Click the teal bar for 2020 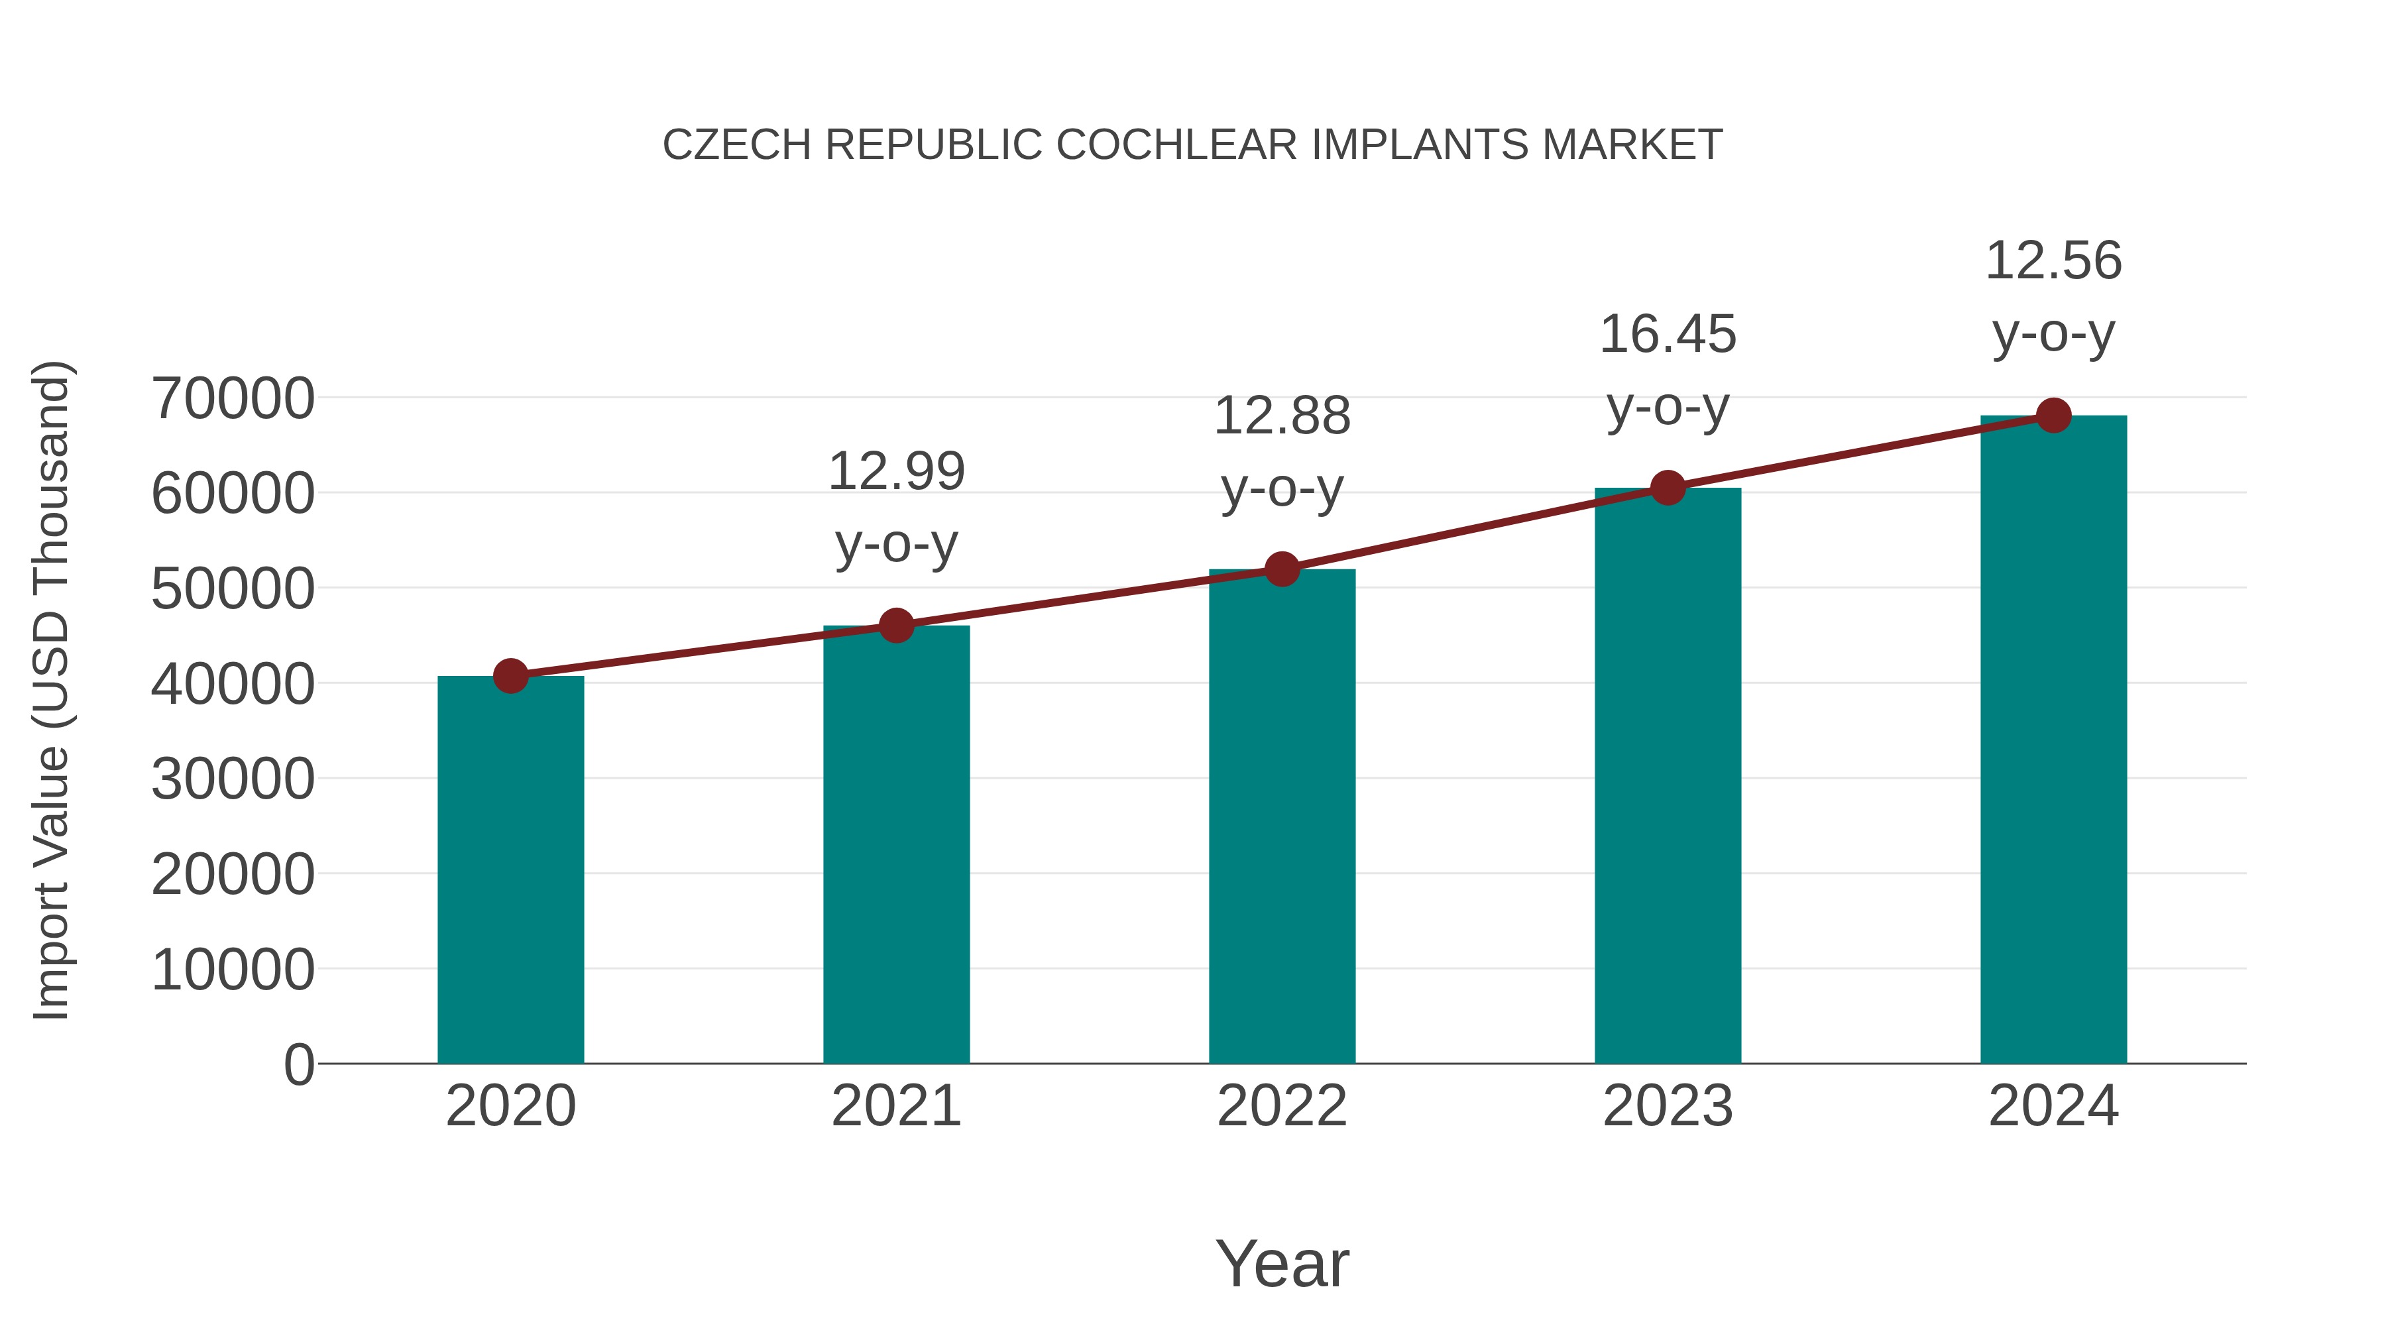(510, 871)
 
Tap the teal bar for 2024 (2053, 741)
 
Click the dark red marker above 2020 (510, 676)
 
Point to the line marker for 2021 (895, 626)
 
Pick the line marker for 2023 (1668, 488)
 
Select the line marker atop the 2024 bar (2053, 416)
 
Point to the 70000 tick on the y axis (233, 399)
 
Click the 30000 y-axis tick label (233, 779)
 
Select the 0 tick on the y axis (299, 1064)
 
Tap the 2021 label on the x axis (895, 1106)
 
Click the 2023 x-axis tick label (1668, 1106)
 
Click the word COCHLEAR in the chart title (1177, 145)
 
